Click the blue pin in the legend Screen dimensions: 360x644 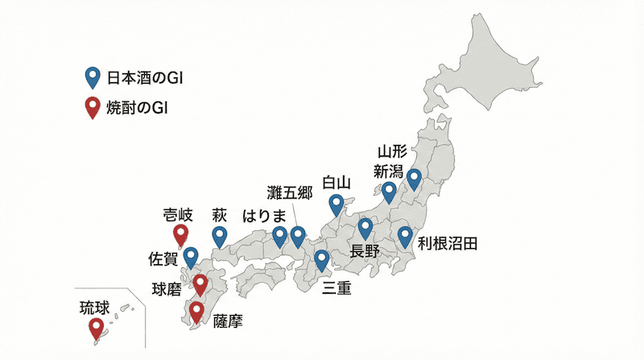coord(93,78)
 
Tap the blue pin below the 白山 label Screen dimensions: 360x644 coord(336,205)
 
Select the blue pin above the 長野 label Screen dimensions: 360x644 coord(365,228)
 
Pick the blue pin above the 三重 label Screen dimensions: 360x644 coord(322,259)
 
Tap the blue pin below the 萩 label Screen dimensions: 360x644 coord(220,236)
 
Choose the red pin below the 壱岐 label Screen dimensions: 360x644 coord(181,234)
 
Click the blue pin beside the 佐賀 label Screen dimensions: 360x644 coord(191,257)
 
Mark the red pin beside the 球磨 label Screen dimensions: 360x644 coord(200,284)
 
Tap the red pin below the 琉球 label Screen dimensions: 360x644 coord(97,328)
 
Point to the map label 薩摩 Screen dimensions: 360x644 coord(228,321)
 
